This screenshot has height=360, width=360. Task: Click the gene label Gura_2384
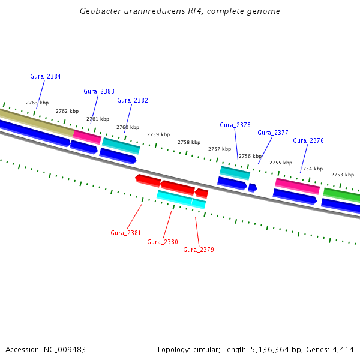(46, 76)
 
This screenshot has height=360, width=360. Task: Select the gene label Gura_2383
(99, 91)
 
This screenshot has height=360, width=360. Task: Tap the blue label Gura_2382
(133, 100)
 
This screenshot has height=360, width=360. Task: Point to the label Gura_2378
(235, 125)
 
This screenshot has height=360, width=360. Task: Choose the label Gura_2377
(273, 133)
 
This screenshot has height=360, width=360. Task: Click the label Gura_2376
(308, 140)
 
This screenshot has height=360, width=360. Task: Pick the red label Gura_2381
(125, 233)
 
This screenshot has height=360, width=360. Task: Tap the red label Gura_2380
(163, 242)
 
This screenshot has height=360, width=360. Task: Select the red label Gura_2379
(199, 250)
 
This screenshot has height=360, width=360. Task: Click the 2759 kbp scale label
(158, 134)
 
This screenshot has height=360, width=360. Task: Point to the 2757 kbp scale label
(220, 149)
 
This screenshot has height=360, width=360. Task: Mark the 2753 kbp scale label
(343, 175)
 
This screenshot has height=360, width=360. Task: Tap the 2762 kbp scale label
(67, 111)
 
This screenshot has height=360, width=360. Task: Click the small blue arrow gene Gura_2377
(253, 188)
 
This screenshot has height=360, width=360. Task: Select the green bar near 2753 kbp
(341, 194)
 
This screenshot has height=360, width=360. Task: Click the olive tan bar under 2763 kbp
(37, 124)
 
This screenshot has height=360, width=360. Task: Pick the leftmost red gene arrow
(148, 181)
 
